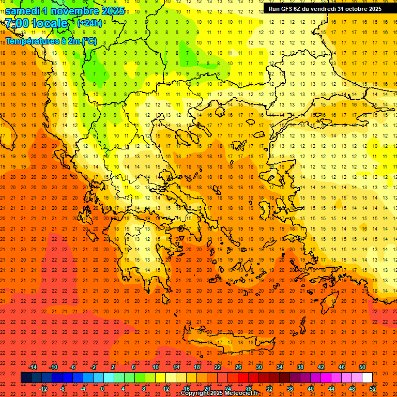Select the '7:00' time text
[x=17, y=23]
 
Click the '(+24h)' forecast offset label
[x=89, y=23]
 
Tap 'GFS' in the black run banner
[x=287, y=9]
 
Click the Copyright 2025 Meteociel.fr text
[x=219, y=393]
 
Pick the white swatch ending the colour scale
[x=367, y=378]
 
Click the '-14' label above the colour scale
[x=33, y=367]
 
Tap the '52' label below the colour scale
[x=373, y=388]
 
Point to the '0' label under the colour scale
[x=102, y=388]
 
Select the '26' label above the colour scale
[x=238, y=367]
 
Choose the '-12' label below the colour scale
[x=43, y=388]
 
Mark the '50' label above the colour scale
[x=362, y=367]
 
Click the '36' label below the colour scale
[x=290, y=388]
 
